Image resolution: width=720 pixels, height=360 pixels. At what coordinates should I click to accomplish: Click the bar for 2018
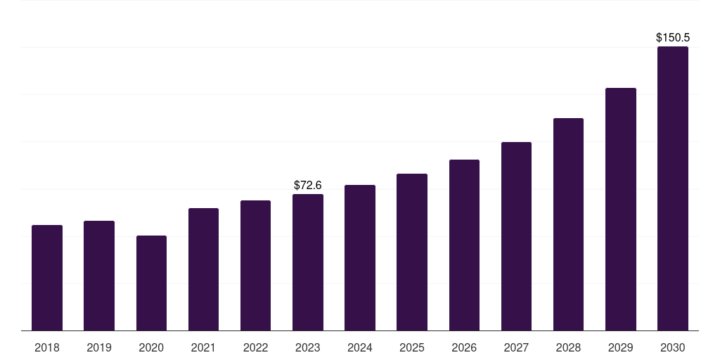point(47,278)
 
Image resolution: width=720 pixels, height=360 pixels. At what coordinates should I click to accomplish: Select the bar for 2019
point(99,276)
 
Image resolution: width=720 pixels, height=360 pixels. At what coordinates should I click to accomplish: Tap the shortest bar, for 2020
point(152,283)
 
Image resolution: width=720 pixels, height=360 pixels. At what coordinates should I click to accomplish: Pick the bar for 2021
point(203,269)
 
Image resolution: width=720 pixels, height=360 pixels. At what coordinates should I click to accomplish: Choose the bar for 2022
point(255,265)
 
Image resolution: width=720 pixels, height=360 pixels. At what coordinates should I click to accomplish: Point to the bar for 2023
point(308,262)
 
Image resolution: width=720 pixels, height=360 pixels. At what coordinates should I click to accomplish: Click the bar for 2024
point(360,257)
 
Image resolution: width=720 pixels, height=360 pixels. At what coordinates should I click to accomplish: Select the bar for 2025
point(412,252)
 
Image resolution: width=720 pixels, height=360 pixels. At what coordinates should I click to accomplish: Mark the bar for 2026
point(464,245)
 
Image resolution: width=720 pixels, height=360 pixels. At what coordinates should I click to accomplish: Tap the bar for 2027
point(516,236)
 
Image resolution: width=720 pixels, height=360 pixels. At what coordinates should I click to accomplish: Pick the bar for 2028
point(568,224)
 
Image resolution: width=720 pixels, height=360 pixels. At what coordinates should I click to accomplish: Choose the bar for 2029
point(621,209)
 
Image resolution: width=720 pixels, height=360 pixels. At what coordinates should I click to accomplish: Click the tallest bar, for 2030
point(673,188)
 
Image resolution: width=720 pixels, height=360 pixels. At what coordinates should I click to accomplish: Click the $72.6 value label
point(308,185)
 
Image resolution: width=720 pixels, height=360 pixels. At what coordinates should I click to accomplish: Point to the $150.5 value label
point(673,38)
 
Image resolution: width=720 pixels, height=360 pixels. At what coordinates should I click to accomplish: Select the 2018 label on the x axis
point(47,347)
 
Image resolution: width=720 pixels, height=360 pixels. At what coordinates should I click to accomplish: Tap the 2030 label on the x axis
point(673,347)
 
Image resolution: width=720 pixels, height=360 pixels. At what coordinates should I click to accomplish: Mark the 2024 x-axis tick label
point(360,347)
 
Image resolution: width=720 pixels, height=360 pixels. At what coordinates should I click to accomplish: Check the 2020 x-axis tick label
point(152,347)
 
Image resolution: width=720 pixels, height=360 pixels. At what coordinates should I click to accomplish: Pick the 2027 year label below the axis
point(516,347)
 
